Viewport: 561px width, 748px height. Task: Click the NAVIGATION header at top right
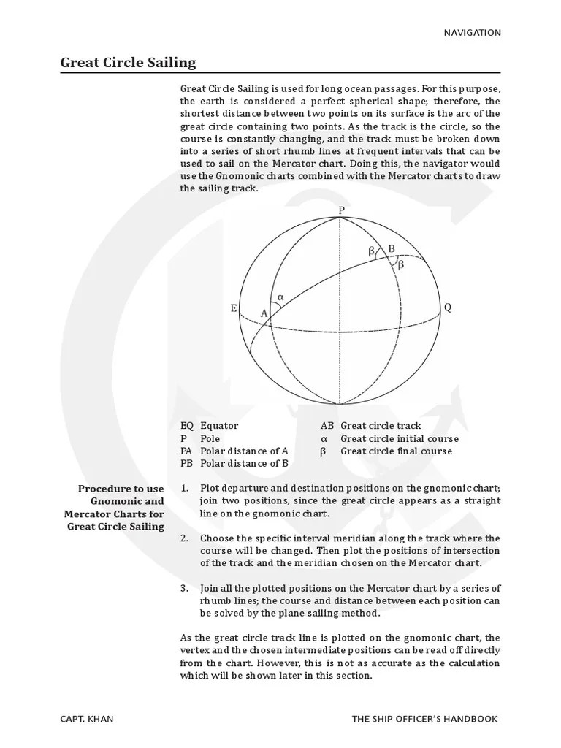tap(472, 32)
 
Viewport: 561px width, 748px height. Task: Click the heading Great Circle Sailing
tap(128, 62)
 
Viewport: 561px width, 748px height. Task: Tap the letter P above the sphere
tap(340, 210)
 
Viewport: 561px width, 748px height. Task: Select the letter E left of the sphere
tap(234, 308)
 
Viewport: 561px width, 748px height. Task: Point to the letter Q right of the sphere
tap(448, 308)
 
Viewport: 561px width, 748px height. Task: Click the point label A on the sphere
tap(264, 313)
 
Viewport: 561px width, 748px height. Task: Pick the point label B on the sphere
tap(392, 249)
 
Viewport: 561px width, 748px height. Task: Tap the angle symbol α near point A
tap(280, 297)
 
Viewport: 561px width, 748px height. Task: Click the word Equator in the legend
tap(219, 426)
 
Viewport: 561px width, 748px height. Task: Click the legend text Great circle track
tap(381, 426)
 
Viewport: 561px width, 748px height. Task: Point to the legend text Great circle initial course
tap(400, 438)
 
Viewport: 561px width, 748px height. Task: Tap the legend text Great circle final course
tap(396, 451)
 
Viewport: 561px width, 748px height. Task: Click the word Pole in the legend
tap(210, 438)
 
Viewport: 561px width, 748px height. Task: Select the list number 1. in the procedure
tap(185, 488)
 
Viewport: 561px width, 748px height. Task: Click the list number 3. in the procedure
tap(185, 589)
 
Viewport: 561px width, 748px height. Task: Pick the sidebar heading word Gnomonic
tap(117, 501)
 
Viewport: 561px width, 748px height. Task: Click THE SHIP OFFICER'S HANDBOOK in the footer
tap(424, 718)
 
